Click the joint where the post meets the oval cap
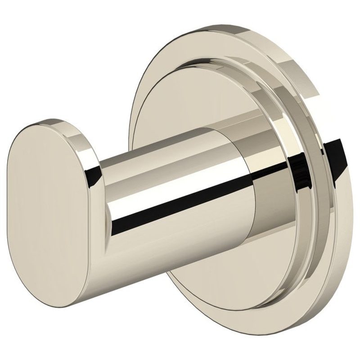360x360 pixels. [101, 198]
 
